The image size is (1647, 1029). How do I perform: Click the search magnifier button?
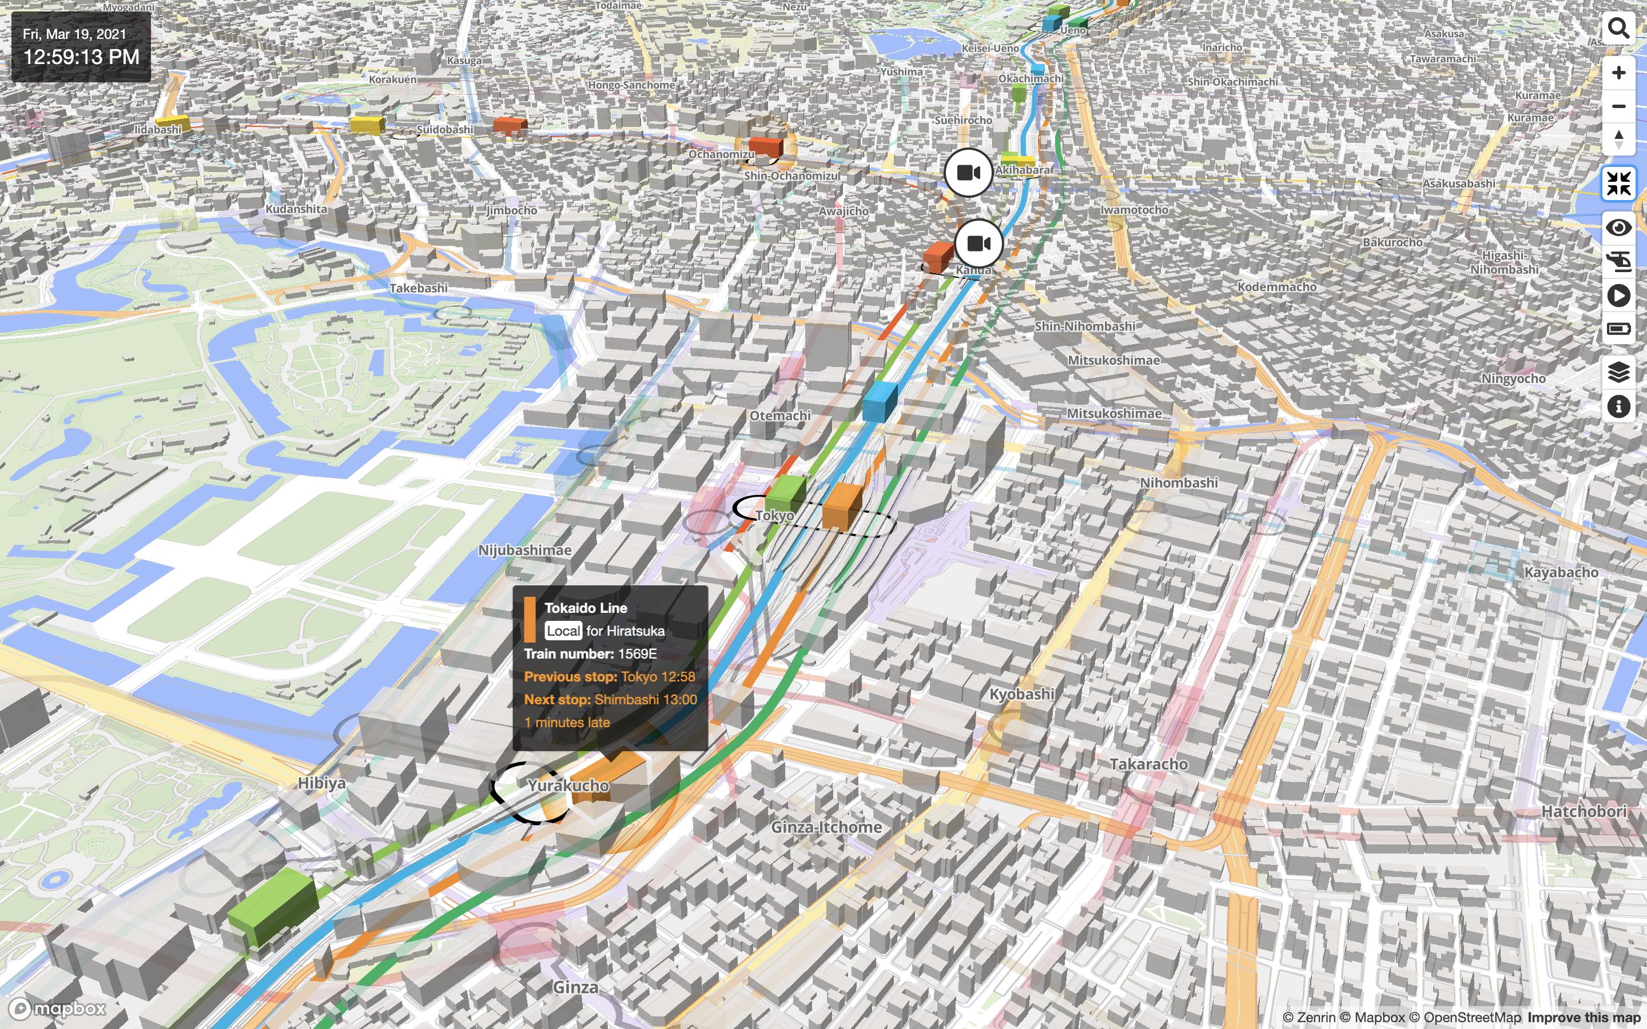(x=1618, y=29)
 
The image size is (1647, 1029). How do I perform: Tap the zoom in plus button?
(x=1618, y=73)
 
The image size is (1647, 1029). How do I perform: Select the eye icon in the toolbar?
(x=1618, y=228)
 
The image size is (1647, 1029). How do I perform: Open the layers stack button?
(x=1618, y=372)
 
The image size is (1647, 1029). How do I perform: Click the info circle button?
(x=1618, y=407)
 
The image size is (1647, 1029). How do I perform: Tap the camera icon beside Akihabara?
(x=968, y=173)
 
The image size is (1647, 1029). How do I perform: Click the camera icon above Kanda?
(x=978, y=244)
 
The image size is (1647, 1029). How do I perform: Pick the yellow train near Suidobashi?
(x=366, y=125)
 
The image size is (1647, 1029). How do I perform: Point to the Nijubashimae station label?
(x=525, y=550)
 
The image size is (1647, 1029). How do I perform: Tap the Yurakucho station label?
(x=568, y=785)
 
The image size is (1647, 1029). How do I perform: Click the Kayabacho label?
(x=1561, y=572)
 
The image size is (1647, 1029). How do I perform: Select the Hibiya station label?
(x=321, y=783)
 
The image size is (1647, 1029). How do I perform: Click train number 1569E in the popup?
(x=637, y=654)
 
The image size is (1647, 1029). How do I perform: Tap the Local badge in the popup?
(x=563, y=631)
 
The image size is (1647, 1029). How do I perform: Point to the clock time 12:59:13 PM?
(x=82, y=57)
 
